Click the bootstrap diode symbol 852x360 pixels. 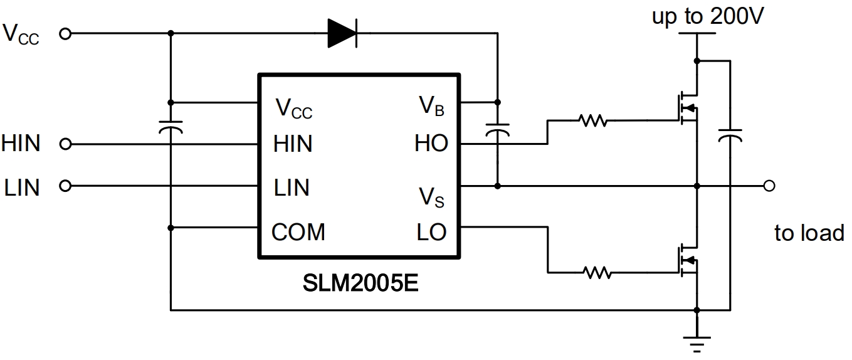(x=342, y=33)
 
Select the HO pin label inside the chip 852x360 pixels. (x=431, y=144)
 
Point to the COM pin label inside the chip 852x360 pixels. (x=298, y=232)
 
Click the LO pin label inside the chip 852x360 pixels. (x=431, y=232)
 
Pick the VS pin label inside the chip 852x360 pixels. (x=431, y=197)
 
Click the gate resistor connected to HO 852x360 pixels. (x=592, y=120)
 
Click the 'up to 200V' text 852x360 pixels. (x=707, y=16)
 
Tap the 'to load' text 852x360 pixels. (x=809, y=233)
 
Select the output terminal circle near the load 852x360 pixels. (x=770, y=186)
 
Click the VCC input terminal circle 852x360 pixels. (x=65, y=34)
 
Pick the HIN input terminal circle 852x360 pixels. (x=65, y=145)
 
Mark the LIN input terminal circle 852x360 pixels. (x=65, y=186)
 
